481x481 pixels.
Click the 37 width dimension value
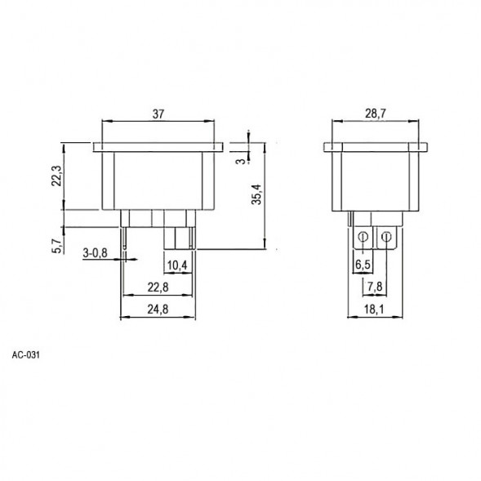158,115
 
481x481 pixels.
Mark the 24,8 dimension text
159,310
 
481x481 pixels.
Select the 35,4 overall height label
256,196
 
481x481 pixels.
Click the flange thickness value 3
238,162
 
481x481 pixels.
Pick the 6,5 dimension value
362,266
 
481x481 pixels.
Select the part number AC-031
26,356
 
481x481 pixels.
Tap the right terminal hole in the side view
387,238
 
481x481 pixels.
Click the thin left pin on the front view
122,238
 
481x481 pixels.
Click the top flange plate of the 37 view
158,148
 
